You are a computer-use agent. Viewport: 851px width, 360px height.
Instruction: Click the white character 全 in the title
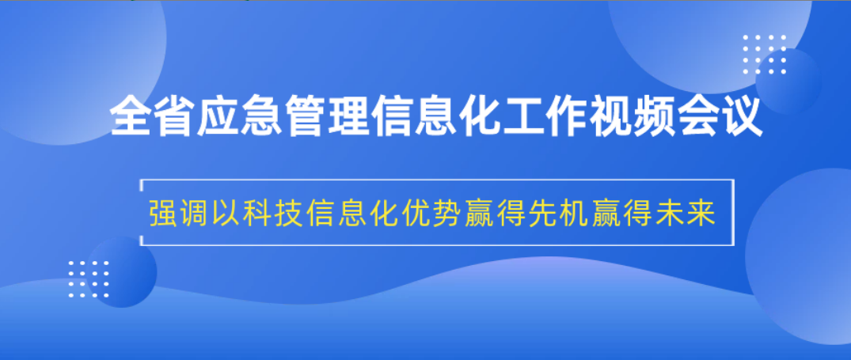[x=131, y=116]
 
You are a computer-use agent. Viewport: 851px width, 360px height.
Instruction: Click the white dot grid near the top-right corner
[x=764, y=55]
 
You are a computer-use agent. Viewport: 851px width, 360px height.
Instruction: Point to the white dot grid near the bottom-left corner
[x=89, y=279]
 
